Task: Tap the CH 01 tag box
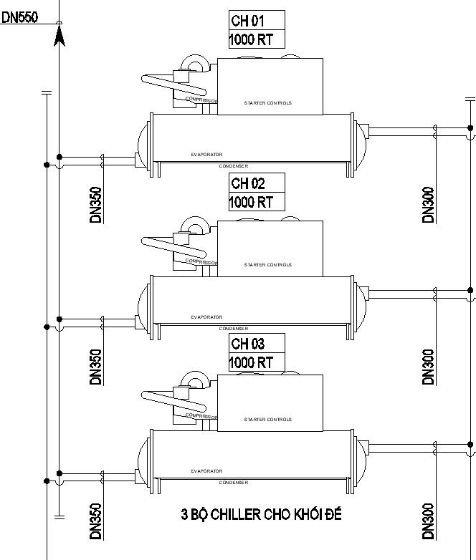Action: pyautogui.click(x=257, y=21)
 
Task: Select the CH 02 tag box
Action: pyautogui.click(x=257, y=183)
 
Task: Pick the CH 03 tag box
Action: pyautogui.click(x=257, y=344)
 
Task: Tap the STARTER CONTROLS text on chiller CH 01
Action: pyautogui.click(x=268, y=103)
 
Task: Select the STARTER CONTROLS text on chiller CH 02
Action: pyautogui.click(x=268, y=265)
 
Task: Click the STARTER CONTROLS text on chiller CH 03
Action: pyautogui.click(x=268, y=420)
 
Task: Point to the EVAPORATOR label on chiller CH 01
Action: pyautogui.click(x=206, y=155)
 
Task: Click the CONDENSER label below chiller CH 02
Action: pyautogui.click(x=233, y=328)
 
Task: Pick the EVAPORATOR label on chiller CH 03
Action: pyautogui.click(x=206, y=471)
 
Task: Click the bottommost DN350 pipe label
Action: pyautogui.click(x=96, y=521)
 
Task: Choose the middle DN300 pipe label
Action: pyautogui.click(x=429, y=367)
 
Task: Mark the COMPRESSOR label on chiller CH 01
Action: pyautogui.click(x=201, y=100)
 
